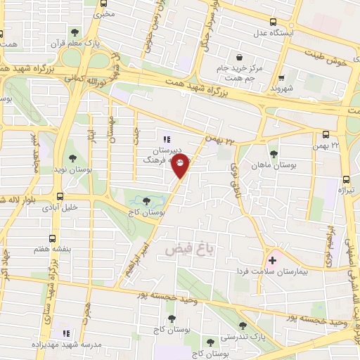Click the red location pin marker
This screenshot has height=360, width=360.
click(x=181, y=166)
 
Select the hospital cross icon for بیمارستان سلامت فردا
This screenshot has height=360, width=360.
click(x=273, y=260)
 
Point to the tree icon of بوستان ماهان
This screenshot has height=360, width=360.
click(x=274, y=154)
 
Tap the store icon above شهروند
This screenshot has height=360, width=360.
click(x=282, y=78)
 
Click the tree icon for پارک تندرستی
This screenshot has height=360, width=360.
click(x=243, y=326)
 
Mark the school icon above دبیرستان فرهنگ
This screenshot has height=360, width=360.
click(x=167, y=139)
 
